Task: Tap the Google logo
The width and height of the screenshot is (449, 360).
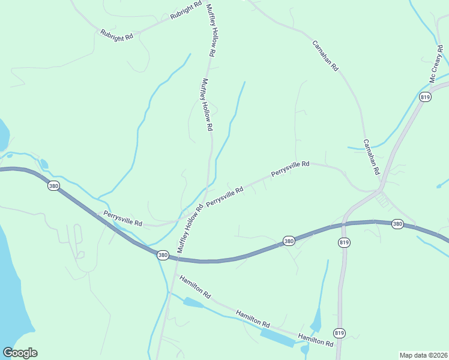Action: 20,353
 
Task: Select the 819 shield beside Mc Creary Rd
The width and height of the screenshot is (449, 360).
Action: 426,97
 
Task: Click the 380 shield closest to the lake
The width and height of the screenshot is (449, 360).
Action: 53,187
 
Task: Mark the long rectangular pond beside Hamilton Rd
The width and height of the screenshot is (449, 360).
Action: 277,337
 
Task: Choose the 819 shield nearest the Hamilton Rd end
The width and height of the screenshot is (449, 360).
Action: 339,332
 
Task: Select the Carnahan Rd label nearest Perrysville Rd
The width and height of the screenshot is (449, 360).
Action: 372,157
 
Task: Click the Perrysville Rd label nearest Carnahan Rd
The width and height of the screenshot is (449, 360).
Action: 290,168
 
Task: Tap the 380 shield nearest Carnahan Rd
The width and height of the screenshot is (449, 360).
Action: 397,224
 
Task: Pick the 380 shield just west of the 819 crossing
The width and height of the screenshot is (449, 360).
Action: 289,241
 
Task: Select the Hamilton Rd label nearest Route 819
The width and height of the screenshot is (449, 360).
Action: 315,340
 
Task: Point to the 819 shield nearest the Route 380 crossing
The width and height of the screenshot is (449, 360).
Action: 344,242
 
